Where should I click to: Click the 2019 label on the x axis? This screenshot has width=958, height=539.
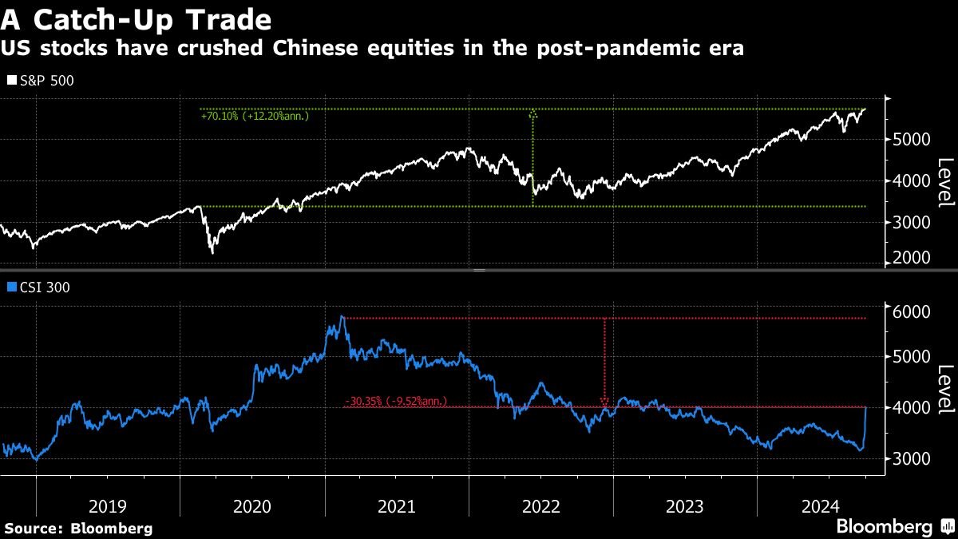pos(108,505)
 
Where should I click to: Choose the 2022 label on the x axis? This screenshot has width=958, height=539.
pos(541,505)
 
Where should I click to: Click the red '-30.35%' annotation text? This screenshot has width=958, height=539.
pos(396,401)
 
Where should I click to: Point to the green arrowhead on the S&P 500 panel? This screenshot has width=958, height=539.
pos(532,115)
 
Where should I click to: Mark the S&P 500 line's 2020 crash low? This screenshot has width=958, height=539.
pos(212,252)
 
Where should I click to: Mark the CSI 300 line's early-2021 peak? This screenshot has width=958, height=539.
pos(342,317)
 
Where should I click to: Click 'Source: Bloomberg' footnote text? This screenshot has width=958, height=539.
pos(78,528)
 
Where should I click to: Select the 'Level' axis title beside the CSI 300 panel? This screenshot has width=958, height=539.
pos(945,390)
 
